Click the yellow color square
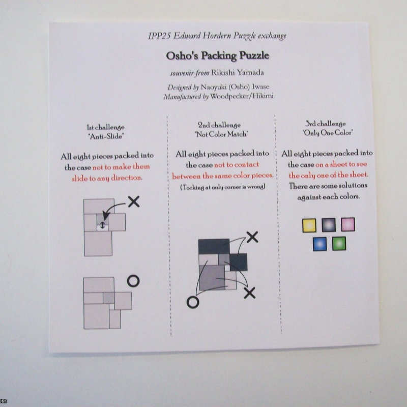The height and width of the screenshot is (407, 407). (309, 225)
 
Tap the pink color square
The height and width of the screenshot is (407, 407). (347, 224)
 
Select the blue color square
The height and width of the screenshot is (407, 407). (319, 244)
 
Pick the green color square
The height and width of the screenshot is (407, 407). (339, 244)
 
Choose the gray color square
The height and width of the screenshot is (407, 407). (328, 225)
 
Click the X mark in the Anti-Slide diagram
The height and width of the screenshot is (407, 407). (134, 202)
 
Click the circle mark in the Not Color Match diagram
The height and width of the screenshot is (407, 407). (193, 302)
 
